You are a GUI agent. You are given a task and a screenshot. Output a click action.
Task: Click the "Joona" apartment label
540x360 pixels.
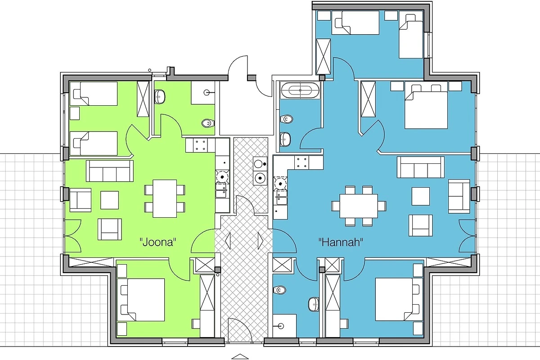(157, 242)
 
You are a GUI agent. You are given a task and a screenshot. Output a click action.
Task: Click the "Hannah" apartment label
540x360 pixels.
(341, 242)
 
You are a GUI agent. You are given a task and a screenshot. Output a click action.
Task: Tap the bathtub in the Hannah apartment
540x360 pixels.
(300, 90)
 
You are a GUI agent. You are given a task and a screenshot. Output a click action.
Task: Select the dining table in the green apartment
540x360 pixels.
(165, 198)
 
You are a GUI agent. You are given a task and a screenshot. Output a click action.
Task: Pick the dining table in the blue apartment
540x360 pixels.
(359, 206)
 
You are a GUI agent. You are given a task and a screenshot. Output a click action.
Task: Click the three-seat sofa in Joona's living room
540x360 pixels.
(110, 171)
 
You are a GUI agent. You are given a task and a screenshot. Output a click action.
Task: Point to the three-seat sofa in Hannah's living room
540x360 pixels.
(421, 167)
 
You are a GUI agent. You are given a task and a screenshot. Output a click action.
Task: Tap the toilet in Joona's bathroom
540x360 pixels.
(208, 123)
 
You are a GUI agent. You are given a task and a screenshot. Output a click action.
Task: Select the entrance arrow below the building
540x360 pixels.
(240, 356)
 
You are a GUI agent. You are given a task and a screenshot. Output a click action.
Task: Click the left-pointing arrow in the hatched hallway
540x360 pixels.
(228, 241)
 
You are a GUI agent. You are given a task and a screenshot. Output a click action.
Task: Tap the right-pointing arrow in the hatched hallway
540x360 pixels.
(261, 241)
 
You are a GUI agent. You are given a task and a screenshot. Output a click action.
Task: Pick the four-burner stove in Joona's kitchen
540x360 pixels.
(200, 145)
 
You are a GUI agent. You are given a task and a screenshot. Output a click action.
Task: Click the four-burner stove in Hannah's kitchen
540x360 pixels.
(301, 162)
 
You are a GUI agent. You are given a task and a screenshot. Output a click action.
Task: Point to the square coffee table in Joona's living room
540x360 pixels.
(109, 200)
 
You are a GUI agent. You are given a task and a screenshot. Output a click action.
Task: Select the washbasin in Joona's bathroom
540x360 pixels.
(160, 97)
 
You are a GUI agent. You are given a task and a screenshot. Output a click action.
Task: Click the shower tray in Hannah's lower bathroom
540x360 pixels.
(284, 326)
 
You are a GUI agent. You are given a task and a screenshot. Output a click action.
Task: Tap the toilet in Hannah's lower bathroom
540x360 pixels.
(279, 289)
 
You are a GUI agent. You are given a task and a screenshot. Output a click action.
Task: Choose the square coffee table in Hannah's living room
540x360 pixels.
(421, 196)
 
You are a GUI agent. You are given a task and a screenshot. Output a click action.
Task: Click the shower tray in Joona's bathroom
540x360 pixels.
(203, 93)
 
